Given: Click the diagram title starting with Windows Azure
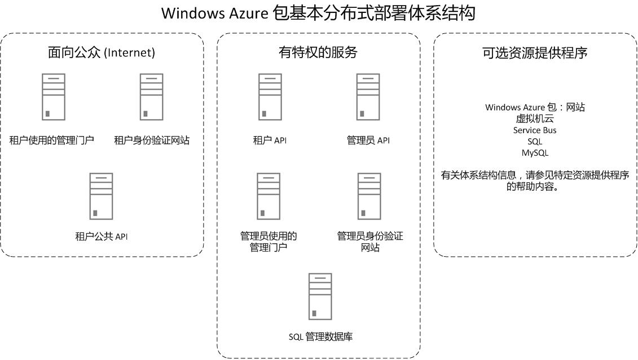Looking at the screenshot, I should pos(318,13).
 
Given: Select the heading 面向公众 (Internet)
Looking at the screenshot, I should pos(102,53).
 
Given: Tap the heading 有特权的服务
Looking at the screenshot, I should pos(318,53).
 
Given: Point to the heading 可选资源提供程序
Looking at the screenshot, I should pos(535,53).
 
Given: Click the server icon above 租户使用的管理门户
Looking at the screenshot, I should pos(53,96).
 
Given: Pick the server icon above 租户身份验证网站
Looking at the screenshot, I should pos(152,96).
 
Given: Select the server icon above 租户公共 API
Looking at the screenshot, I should pos(102,196).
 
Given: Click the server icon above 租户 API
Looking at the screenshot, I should pos(270,96).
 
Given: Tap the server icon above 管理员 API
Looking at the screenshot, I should pos(368,96).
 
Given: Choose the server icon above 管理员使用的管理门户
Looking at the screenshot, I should pos(269,196).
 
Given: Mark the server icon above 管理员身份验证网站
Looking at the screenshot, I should pos(369,196).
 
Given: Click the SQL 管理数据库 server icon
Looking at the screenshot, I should pos(320,296).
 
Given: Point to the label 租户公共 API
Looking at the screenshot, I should pos(102,236).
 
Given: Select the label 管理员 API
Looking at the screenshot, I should pos(368,141).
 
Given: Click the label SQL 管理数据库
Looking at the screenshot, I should pos(320,337).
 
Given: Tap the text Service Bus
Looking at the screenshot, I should pos(535,130).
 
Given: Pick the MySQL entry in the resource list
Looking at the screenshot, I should pos(535,153).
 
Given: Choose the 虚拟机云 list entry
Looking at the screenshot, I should pos(535,118).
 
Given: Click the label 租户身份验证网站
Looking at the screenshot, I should pos(152,141).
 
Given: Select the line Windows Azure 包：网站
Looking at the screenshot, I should pos(535,107).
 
